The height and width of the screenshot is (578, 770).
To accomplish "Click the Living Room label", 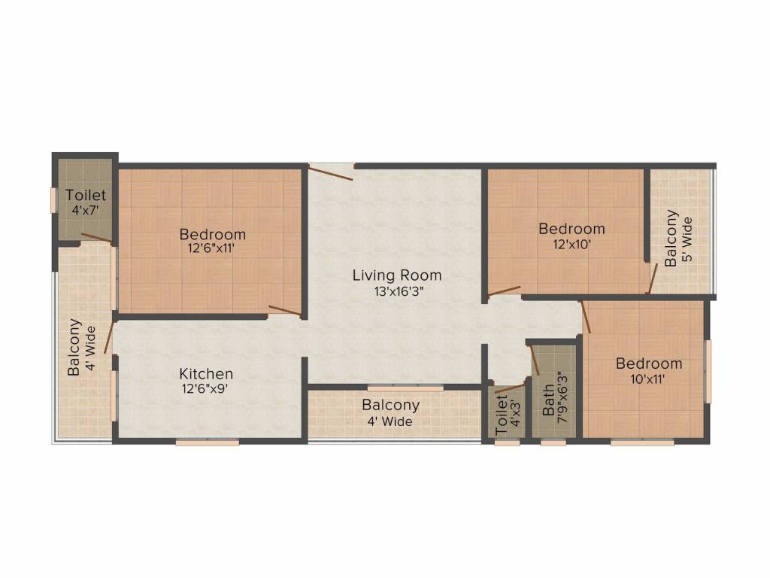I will pyautogui.click(x=396, y=275).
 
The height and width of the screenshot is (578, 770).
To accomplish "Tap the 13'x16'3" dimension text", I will pyautogui.click(x=396, y=293).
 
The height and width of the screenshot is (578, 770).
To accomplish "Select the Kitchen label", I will pyautogui.click(x=205, y=373).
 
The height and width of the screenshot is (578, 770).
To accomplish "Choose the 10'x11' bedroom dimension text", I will pyautogui.click(x=649, y=379).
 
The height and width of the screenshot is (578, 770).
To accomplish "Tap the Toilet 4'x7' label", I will pyautogui.click(x=85, y=202).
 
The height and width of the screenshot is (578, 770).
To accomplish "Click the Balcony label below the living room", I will pyautogui.click(x=390, y=405).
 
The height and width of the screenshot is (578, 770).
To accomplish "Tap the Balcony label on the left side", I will pyautogui.click(x=75, y=348).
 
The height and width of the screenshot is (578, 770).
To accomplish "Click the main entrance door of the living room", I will pyautogui.click(x=331, y=172).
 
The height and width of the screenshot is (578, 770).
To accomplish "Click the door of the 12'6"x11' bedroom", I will pyautogui.click(x=285, y=310).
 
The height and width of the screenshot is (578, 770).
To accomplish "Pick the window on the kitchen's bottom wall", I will pyautogui.click(x=208, y=443).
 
